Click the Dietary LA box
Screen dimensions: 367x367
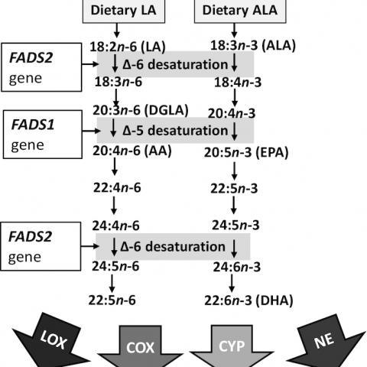coord(124,11)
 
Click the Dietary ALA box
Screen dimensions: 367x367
coord(240,11)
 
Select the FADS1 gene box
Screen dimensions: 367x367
coord(43,135)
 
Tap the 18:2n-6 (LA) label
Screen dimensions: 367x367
coord(128,47)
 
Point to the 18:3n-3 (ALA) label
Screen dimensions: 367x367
coord(253,46)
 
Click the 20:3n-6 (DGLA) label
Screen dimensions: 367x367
coord(141,110)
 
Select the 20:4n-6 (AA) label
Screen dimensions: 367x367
coord(132,151)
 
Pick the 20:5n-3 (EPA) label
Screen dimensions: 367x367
coord(246,152)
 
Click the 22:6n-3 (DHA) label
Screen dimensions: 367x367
coord(248,300)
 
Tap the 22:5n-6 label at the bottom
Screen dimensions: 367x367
coord(112,300)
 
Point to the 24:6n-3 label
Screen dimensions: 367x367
coord(237,267)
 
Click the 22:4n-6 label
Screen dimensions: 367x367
coord(117,188)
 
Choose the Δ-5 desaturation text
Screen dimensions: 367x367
coord(175,131)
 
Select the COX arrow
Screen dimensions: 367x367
coord(141,347)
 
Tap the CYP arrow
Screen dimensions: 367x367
coord(232,346)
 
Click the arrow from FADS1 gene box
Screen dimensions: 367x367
coord(91,131)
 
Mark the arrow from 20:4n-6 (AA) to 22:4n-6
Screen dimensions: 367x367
coord(115,167)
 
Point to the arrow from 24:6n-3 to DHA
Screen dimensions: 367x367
coord(232,283)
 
